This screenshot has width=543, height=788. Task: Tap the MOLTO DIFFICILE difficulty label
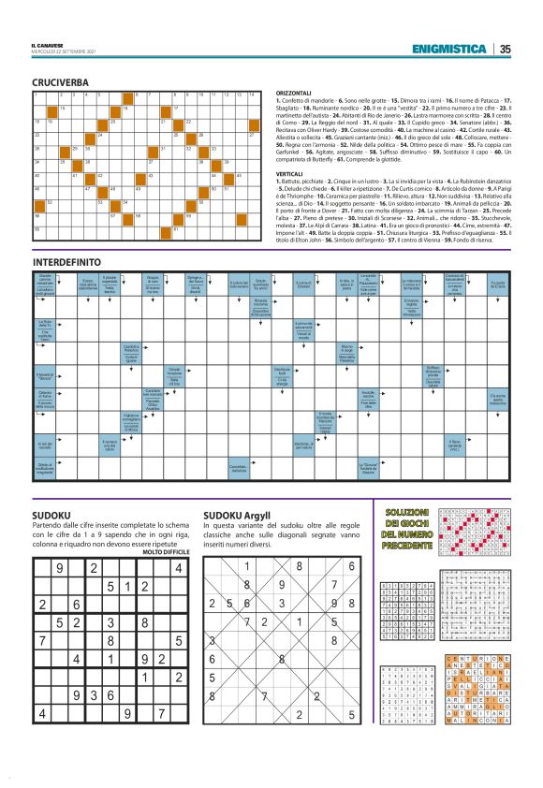click(x=166, y=552)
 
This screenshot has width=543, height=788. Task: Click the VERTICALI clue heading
click(x=295, y=174)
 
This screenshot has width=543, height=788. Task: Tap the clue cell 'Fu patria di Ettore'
click(x=497, y=285)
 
